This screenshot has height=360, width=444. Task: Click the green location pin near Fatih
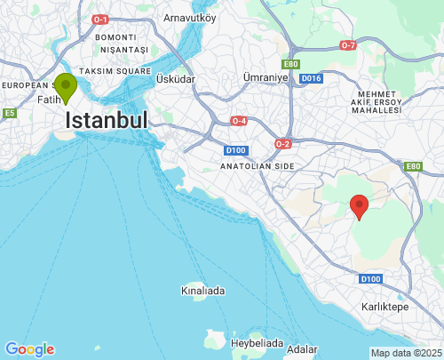pyautogui.click(x=65, y=87)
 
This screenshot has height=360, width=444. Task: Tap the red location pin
pyautogui.click(x=359, y=205)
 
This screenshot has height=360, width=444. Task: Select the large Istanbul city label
pyautogui.click(x=107, y=121)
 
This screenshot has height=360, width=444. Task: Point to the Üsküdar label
pyautogui.click(x=175, y=79)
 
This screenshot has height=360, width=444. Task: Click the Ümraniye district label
pyautogui.click(x=266, y=78)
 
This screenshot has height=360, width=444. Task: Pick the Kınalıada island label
pyautogui.click(x=202, y=291)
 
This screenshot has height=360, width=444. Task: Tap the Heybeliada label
pyautogui.click(x=257, y=342)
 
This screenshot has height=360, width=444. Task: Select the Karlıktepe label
pyautogui.click(x=385, y=306)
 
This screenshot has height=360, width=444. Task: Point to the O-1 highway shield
pyautogui.click(x=100, y=20)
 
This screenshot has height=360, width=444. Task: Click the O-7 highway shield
pyautogui.click(x=348, y=44)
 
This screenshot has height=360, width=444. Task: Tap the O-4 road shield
pyautogui.click(x=239, y=120)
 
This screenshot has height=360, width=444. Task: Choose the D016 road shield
pyautogui.click(x=310, y=79)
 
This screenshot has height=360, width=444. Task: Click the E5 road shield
pyautogui.click(x=9, y=113)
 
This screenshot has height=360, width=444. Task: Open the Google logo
pyautogui.click(x=29, y=349)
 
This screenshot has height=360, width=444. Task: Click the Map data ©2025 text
pyautogui.click(x=405, y=353)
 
